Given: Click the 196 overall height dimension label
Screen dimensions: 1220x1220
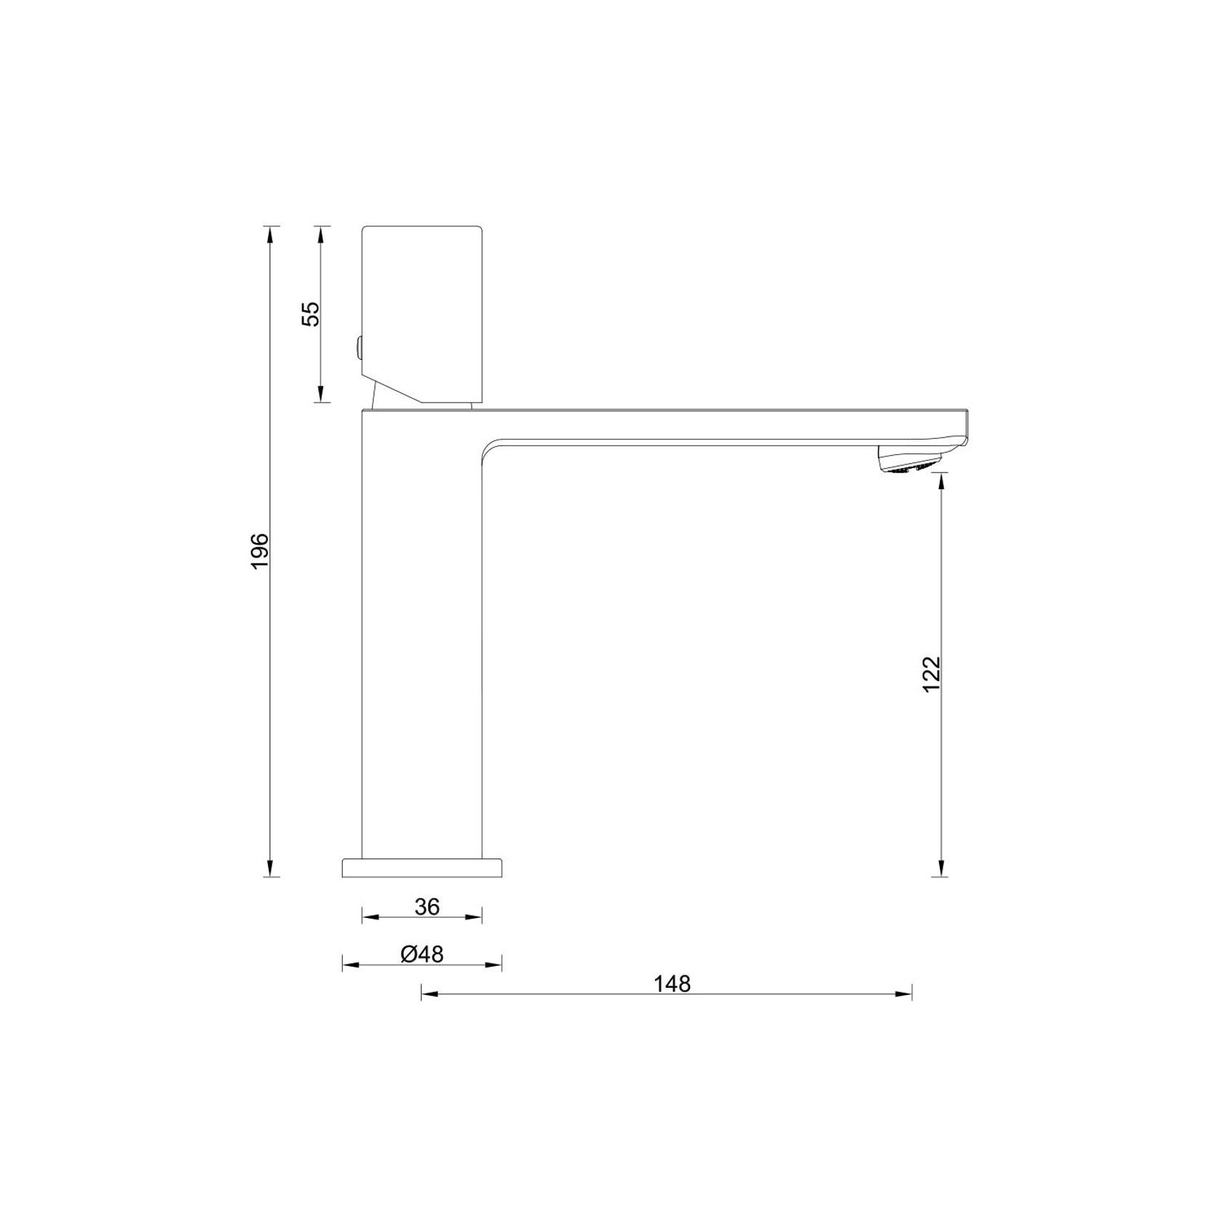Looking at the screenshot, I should pos(260,551).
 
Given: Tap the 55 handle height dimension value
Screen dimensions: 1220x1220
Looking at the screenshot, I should pos(311,314).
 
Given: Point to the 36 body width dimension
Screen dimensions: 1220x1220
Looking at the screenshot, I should pos(427,906).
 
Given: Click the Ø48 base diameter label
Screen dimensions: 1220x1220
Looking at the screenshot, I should pos(422,954).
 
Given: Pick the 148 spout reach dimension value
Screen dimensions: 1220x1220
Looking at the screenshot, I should pos(671,984).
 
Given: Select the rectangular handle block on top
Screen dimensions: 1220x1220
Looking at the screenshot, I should pos(422,313).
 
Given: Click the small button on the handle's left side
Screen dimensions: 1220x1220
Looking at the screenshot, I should pos(358,348).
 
